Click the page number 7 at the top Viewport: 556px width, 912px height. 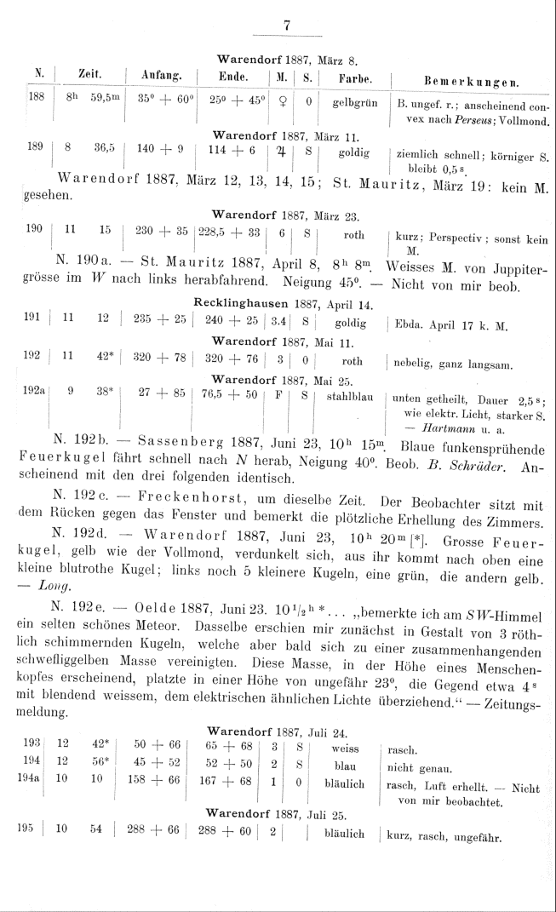point(287,26)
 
